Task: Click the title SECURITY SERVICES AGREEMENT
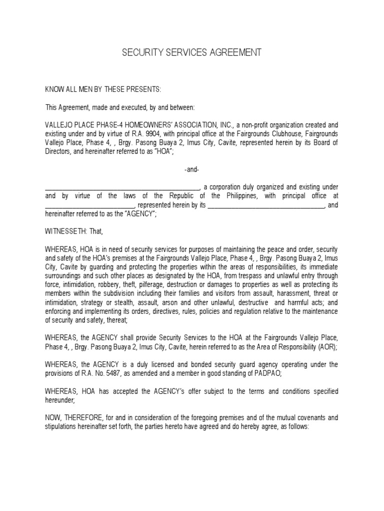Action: pyautogui.click(x=191, y=52)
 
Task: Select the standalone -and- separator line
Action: pyautogui.click(x=191, y=170)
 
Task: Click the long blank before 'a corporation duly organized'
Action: pyautogui.click(x=123, y=187)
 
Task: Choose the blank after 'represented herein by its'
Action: pyautogui.click(x=266, y=205)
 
